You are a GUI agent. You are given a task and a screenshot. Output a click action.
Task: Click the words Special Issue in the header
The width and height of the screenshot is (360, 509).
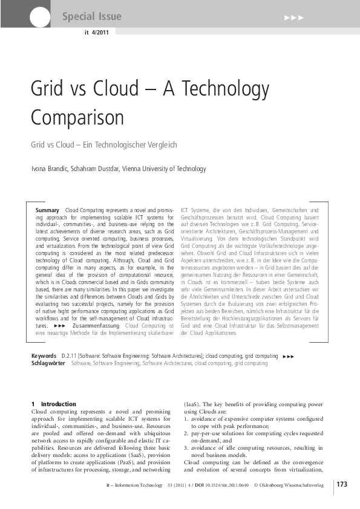coord(91,17)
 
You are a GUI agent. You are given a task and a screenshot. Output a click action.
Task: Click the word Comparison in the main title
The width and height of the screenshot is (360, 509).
coord(77,117)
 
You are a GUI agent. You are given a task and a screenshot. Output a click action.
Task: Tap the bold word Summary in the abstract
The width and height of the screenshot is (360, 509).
coord(47,210)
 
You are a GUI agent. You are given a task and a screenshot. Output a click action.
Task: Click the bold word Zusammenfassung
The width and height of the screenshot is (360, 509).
coord(96,326)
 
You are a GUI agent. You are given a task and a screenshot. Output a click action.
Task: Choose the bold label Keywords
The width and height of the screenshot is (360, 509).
coord(45,356)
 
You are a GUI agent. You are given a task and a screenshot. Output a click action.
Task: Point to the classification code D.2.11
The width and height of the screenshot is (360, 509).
coord(71,356)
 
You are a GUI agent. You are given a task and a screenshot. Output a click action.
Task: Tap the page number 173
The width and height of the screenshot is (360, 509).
coord(342,484)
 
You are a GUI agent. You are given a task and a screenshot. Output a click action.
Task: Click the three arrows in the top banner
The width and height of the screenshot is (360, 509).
coord(294,17)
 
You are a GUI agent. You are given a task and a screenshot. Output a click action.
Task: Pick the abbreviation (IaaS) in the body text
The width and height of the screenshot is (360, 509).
coord(193,404)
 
